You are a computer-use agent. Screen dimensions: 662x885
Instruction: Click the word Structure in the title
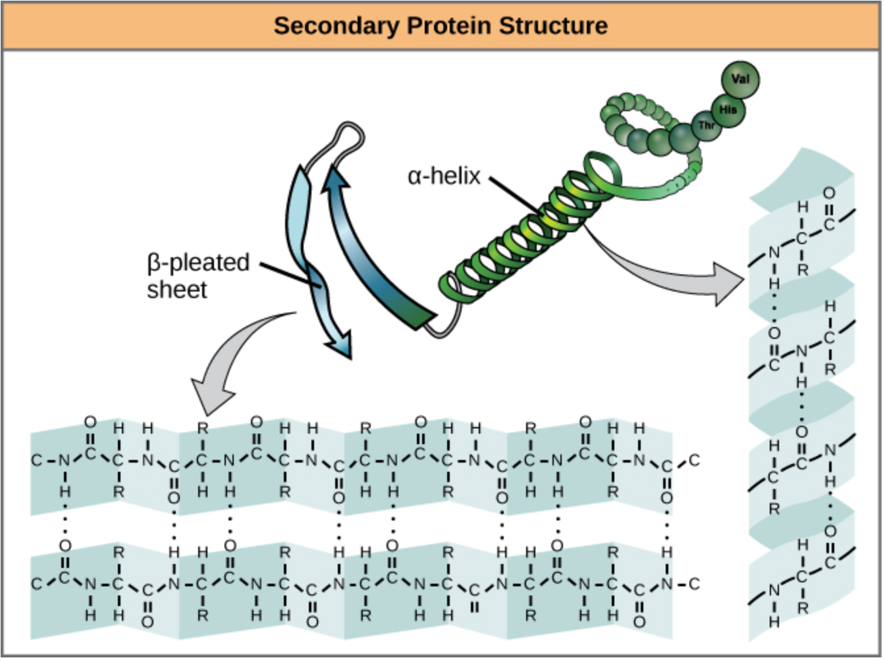[553, 26]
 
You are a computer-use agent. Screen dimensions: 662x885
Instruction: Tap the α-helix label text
[444, 176]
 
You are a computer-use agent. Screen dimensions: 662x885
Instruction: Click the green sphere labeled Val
[740, 79]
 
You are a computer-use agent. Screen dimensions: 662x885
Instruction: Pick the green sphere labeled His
[727, 109]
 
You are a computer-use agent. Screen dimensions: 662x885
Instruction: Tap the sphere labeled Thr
[706, 125]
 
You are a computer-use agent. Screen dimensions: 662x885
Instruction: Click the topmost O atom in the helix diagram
[828, 193]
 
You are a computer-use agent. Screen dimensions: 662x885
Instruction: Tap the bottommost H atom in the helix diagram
[774, 621]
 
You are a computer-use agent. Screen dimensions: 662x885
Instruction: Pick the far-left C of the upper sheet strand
[36, 460]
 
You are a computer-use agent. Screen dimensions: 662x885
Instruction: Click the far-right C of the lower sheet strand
[694, 583]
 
